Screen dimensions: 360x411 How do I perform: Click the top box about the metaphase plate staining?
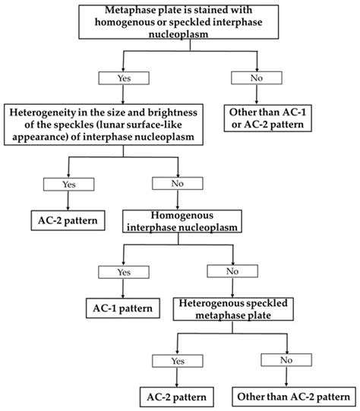tap(178, 22)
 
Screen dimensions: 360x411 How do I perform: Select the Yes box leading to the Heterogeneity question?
tap(124, 78)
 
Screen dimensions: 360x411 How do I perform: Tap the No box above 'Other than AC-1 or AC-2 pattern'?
tap(257, 77)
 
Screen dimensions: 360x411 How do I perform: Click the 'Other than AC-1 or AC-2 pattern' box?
tap(268, 119)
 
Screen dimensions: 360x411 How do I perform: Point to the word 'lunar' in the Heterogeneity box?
tap(110, 125)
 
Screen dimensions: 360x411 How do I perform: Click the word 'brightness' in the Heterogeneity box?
tap(172, 112)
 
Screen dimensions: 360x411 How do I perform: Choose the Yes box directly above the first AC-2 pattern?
tap(68, 185)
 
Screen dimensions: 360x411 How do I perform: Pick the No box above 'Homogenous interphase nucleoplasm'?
tap(178, 184)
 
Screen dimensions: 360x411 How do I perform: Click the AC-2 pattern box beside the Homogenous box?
tap(68, 220)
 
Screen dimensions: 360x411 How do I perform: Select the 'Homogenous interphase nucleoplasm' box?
tap(182, 221)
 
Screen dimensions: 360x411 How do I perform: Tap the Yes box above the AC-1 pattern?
tap(124, 272)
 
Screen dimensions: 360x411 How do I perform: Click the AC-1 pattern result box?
tap(123, 308)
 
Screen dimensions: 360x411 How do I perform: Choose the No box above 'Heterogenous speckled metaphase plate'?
tap(232, 271)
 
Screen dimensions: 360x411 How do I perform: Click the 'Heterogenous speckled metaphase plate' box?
tap(233, 309)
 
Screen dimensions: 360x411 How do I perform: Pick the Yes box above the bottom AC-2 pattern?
tap(178, 361)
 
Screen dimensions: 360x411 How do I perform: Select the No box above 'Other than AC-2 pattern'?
tap(286, 360)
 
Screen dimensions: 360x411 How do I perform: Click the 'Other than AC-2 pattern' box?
tap(294, 397)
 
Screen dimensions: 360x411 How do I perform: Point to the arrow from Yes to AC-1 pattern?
tap(123, 289)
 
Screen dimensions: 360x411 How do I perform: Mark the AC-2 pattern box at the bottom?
tap(177, 397)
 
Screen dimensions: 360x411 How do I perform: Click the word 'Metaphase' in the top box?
tap(127, 10)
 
